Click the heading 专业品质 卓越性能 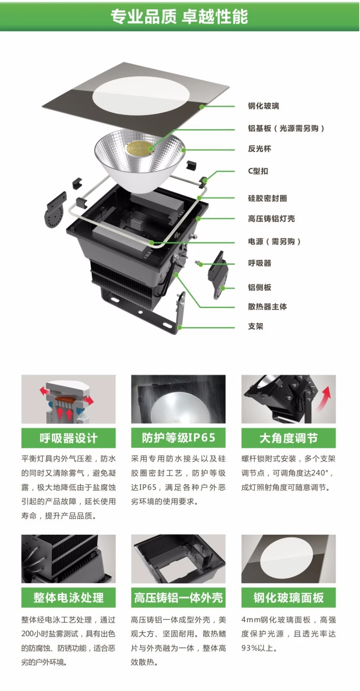pos(179,16)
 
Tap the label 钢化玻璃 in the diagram pos(263,106)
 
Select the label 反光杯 pos(259,149)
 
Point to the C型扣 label pos(258,171)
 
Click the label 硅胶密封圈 pos(267,198)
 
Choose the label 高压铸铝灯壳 pos(271,219)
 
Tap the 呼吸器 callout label pos(259,263)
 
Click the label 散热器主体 pos(267,307)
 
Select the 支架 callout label pos(255,326)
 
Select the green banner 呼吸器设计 pos(68,438)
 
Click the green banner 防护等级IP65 pos(178,438)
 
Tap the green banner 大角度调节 pos(288,438)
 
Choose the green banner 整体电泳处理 pos(68,598)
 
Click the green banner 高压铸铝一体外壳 pos(178,598)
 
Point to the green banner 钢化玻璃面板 pos(288,598)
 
